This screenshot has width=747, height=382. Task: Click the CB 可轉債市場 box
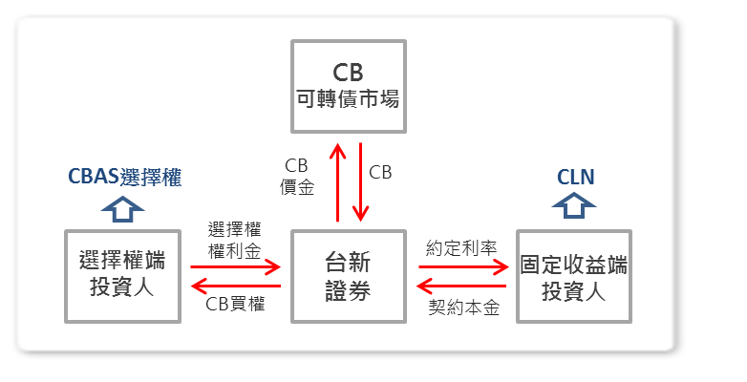[348, 86]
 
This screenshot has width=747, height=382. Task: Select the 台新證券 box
[348, 276]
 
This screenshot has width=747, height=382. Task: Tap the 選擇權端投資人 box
[122, 276]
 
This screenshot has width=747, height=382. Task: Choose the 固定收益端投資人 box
[573, 276]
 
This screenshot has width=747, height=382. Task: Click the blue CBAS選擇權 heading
[125, 177]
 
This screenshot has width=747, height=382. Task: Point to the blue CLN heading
[575, 177]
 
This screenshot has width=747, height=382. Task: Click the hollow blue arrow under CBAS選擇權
[122, 207]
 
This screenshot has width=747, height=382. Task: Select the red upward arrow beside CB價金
[336, 181]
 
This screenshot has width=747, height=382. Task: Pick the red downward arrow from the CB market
[360, 181]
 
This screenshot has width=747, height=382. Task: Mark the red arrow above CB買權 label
[235, 286]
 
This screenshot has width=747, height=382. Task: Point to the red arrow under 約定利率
[463, 267]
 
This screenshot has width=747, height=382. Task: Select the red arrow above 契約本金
[463, 286]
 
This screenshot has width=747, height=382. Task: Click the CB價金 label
[298, 177]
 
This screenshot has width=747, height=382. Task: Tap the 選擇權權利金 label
[235, 241]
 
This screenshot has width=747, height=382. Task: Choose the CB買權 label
[235, 305]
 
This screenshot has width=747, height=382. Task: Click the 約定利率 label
[463, 247]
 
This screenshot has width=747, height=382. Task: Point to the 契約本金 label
[463, 307]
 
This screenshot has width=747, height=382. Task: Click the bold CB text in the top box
[348, 73]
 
